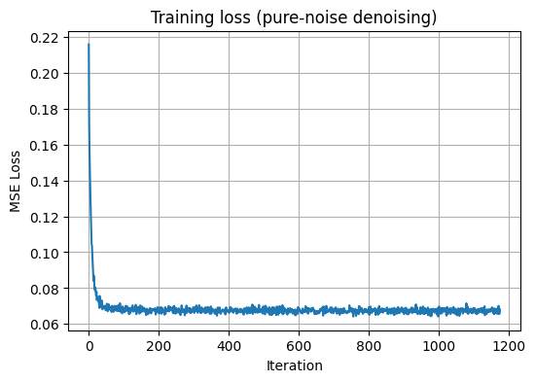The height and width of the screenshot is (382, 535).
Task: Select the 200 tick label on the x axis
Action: [159, 344]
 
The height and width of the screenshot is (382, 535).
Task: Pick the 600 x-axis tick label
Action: [299, 344]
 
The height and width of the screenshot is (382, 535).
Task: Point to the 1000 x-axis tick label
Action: [439, 344]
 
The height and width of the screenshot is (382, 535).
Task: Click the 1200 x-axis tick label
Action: [509, 344]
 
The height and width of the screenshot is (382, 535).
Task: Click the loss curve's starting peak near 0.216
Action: [89, 45]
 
